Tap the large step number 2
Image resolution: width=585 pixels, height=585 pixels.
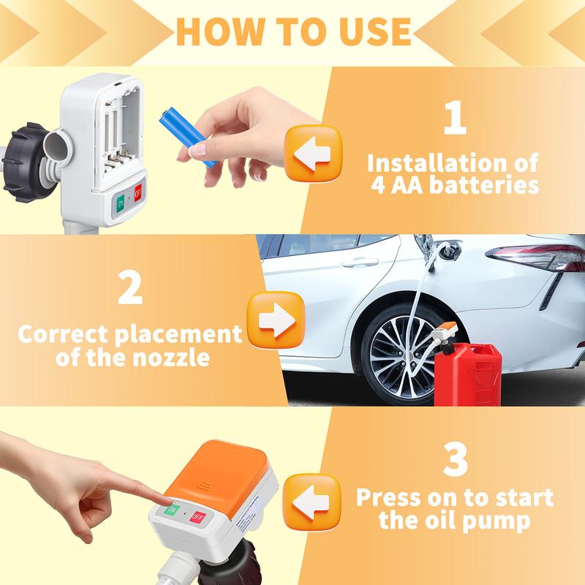click(x=130, y=289)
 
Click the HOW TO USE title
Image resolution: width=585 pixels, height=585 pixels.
click(x=292, y=31)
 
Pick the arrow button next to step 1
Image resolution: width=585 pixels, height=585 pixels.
click(x=312, y=154)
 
